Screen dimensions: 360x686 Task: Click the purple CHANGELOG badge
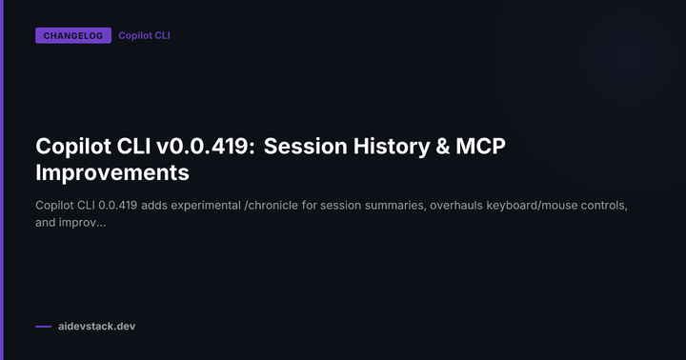pyautogui.click(x=72, y=36)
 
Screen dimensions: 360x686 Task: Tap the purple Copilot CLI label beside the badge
pyautogui.click(x=144, y=36)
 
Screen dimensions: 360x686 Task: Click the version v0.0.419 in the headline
pyautogui.click(x=207, y=147)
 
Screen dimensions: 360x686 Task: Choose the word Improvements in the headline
pyautogui.click(x=112, y=173)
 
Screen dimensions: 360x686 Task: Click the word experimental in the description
pyautogui.click(x=221, y=206)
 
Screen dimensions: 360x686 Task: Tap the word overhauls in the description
pyautogui.click(x=480, y=206)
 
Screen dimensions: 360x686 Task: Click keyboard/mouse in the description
pyautogui.click(x=558, y=206)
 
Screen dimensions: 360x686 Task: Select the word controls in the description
pyautogui.click(x=623, y=206)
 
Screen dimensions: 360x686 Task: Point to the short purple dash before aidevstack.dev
pyautogui.click(x=43, y=327)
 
